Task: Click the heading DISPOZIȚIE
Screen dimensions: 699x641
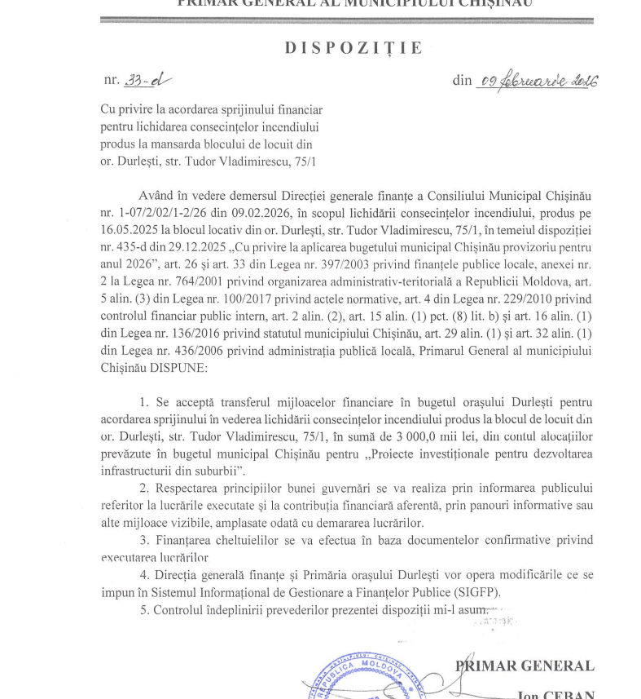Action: click(353, 48)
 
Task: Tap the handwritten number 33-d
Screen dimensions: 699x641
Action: click(149, 80)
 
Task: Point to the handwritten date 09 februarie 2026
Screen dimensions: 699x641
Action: click(539, 81)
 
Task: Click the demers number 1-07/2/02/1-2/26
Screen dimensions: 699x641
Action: click(160, 212)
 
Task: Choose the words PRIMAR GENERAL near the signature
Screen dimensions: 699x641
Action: click(525, 666)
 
